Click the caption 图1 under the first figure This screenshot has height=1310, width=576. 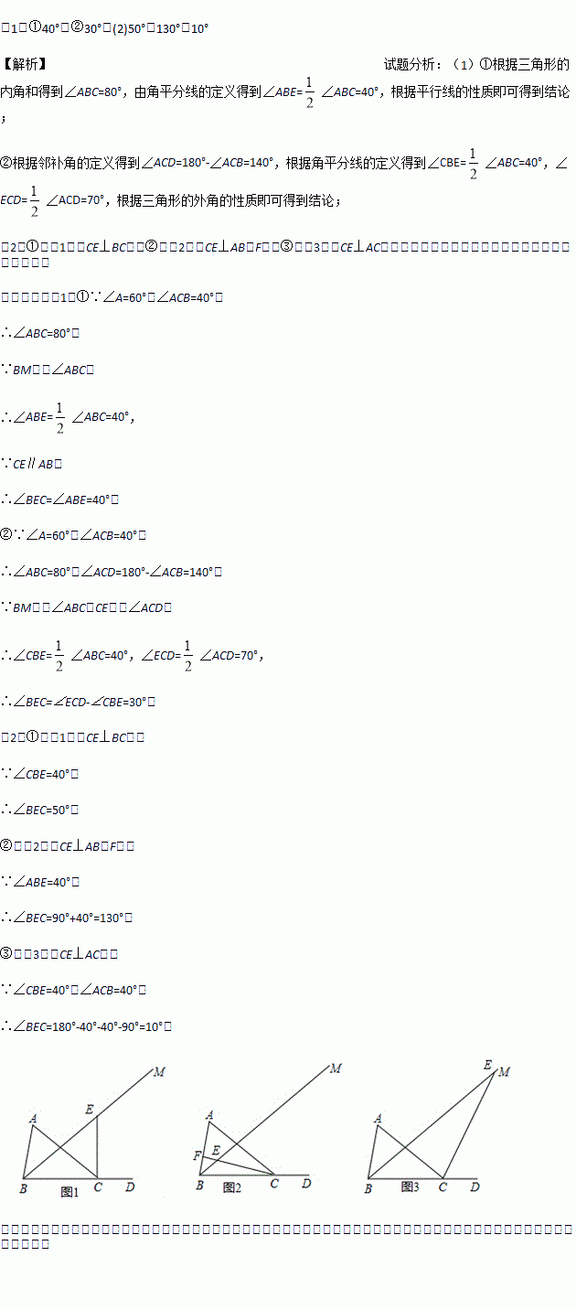70,1191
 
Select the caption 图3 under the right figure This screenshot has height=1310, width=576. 410,1187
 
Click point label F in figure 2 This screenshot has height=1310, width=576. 197,1156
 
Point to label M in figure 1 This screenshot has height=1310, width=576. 159,1071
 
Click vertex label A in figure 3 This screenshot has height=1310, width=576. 378,1118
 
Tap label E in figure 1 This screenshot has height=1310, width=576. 90,1109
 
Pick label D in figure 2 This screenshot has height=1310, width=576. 306,1183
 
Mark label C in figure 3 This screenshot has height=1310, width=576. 443,1187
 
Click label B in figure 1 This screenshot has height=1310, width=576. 22,1188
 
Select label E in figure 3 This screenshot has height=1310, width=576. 488,1065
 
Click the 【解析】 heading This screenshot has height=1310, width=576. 25,64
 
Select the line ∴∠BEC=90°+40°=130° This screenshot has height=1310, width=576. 73,918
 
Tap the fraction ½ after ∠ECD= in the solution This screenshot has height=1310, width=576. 187,654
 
